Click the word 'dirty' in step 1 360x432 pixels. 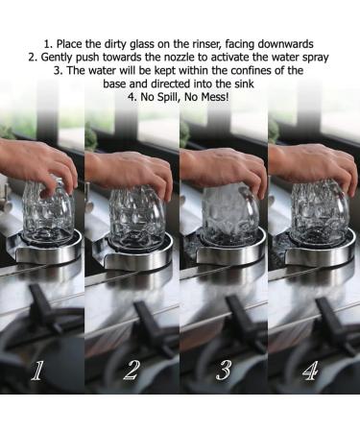[x=116, y=44]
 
